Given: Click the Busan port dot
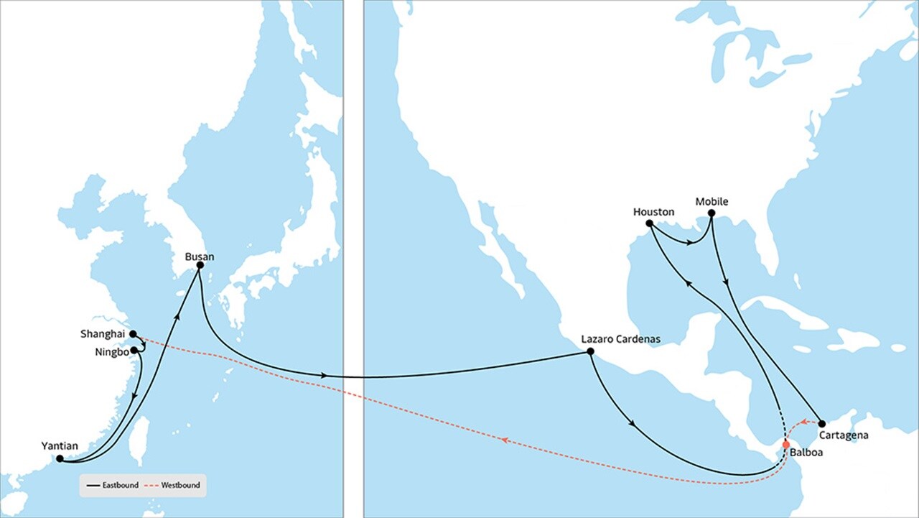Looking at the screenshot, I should (x=200, y=265).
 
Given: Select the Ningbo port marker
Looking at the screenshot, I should (x=134, y=350).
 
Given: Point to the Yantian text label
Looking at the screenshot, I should (x=60, y=446).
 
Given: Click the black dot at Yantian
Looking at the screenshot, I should (x=60, y=458).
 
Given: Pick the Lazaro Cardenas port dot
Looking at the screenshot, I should (x=590, y=351).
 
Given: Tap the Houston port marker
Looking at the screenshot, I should (x=649, y=223).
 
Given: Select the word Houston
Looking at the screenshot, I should (x=653, y=212).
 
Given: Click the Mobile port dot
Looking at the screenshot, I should (x=712, y=213).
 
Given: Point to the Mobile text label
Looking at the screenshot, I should (x=712, y=202).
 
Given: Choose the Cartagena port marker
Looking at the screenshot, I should (x=822, y=424).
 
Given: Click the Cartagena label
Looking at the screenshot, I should (x=844, y=435).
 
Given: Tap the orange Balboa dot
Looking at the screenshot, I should (x=786, y=444).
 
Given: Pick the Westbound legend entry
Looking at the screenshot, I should (x=180, y=486).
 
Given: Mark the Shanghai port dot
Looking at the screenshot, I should (x=133, y=334).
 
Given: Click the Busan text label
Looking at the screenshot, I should (x=199, y=256).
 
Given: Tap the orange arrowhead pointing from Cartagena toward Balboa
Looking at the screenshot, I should (x=805, y=422).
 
